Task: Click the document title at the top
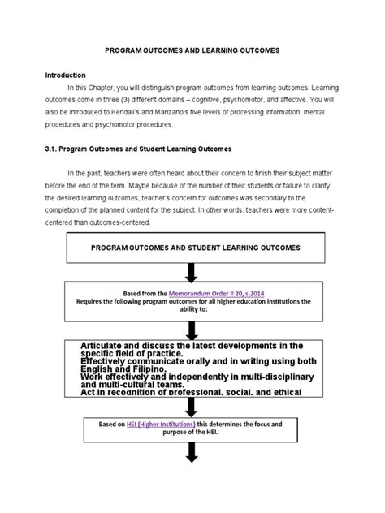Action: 192,50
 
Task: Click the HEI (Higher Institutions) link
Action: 167,423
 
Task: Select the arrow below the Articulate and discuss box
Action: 192,407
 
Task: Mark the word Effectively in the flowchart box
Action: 105,356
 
